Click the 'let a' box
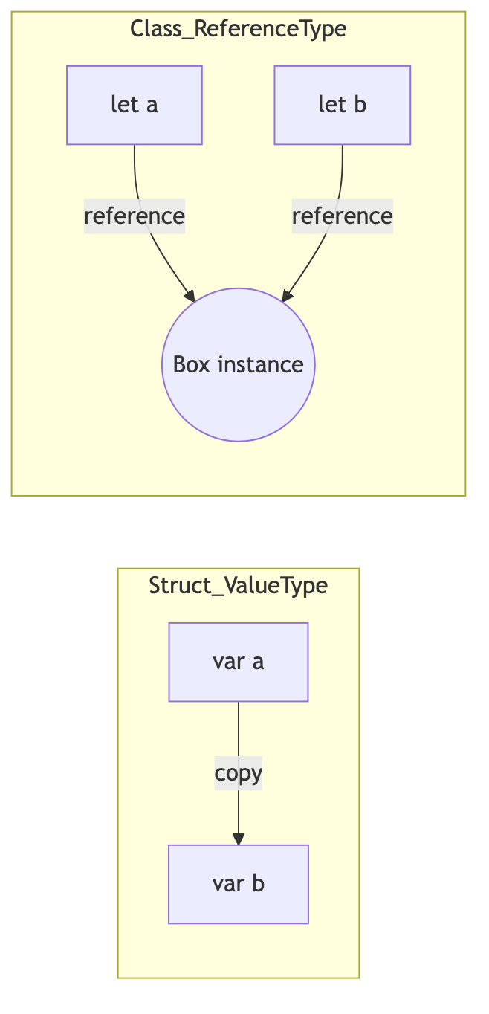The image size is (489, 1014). point(135,105)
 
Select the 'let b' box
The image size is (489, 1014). point(343,105)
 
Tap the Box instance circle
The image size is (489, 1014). point(239,364)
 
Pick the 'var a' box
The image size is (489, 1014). point(239,662)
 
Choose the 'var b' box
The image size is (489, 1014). point(239,884)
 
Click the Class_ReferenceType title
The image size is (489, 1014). point(239,28)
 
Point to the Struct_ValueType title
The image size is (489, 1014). point(239,585)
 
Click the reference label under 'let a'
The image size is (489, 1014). point(135,216)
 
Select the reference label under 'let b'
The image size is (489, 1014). point(343,216)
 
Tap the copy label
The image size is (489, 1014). point(239,772)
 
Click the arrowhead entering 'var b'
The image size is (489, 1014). point(239,839)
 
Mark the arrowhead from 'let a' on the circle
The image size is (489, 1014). point(190,296)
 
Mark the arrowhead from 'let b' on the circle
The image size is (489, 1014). point(287,296)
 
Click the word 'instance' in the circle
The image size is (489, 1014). point(261,364)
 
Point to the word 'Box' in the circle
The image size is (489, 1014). point(191,364)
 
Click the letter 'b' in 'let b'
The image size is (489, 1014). point(360,105)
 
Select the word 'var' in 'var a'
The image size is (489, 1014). point(229,662)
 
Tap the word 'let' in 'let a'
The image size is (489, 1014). point(124,105)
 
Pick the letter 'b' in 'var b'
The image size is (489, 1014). point(259,883)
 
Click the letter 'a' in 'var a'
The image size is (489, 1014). point(258,662)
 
